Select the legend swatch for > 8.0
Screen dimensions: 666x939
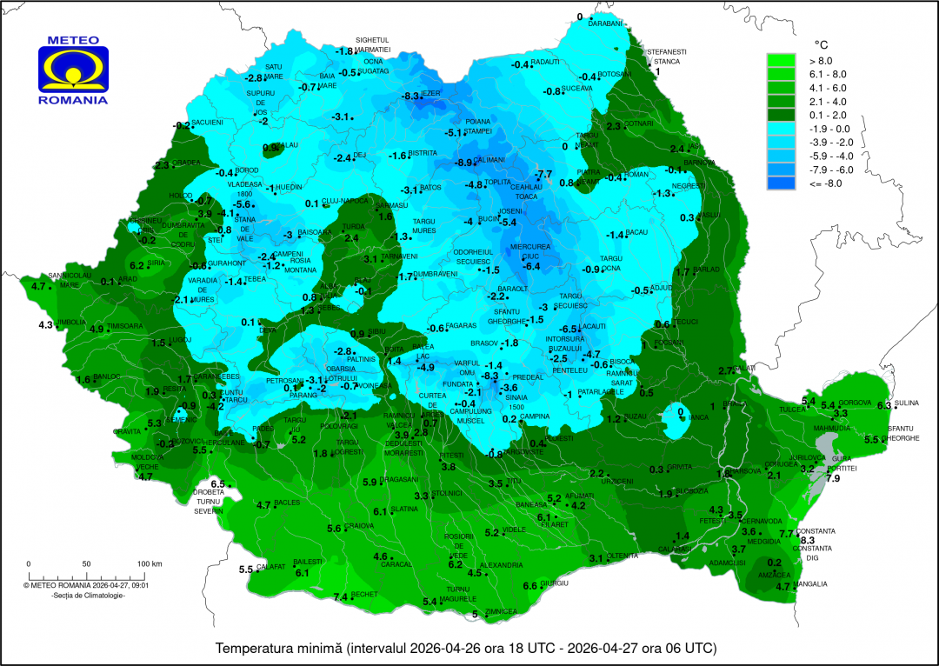[x=781, y=60]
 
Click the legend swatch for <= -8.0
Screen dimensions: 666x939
[x=781, y=183]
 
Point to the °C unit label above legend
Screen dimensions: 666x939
[x=820, y=43]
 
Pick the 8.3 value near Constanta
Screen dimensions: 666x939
[x=807, y=540]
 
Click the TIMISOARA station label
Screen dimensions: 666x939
[x=124, y=327]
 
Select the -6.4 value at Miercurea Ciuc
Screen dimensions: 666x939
[x=530, y=266]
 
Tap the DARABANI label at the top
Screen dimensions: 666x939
[x=607, y=24]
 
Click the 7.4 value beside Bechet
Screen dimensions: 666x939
[x=341, y=597]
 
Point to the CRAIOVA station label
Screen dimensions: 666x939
[x=359, y=526]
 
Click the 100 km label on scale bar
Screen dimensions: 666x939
[x=150, y=564]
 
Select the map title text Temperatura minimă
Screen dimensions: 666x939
[x=278, y=649]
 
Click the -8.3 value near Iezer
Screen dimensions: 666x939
[x=411, y=96]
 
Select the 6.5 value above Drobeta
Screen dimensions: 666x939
[x=217, y=484]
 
